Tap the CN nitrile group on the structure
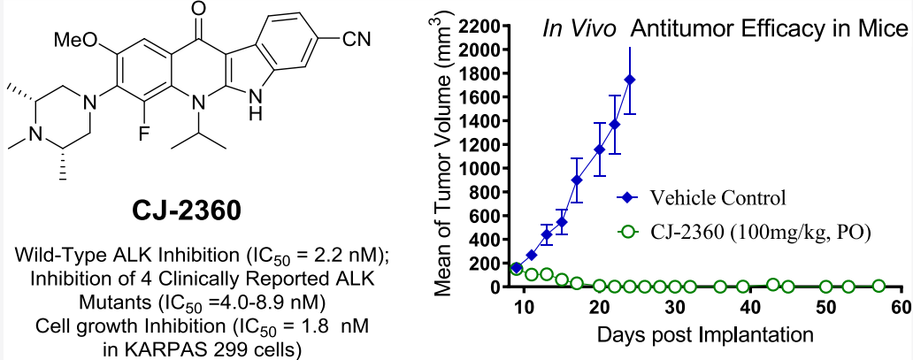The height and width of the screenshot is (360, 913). (364, 39)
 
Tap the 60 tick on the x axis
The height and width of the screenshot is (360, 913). (901, 307)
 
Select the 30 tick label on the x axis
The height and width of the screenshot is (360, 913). (675, 307)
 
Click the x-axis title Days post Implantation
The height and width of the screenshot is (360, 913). (710, 336)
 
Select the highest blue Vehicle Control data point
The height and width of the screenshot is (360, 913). (630, 80)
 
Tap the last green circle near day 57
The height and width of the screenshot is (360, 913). (878, 286)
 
